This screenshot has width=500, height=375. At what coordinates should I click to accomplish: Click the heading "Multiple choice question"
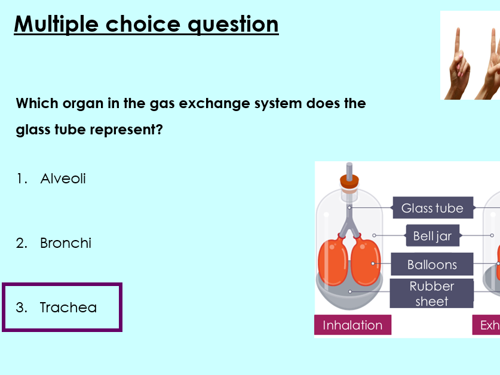pyautogui.click(x=146, y=24)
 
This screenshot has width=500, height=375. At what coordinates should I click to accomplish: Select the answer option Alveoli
pyautogui.click(x=63, y=179)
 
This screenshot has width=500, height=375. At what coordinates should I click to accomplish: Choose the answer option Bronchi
pyautogui.click(x=65, y=243)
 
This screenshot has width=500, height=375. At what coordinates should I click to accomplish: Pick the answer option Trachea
pyautogui.click(x=68, y=308)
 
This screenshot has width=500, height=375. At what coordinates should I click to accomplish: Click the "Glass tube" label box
pyautogui.click(x=432, y=208)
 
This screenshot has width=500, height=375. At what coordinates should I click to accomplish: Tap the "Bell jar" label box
pyautogui.click(x=432, y=236)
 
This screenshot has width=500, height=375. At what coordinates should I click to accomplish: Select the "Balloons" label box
pyautogui.click(x=431, y=265)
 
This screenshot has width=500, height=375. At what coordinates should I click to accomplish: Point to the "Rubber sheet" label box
pyautogui.click(x=431, y=293)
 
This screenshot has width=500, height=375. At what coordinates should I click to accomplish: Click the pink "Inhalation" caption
pyautogui.click(x=352, y=325)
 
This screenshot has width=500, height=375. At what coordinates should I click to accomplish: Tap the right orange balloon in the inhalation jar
pyautogui.click(x=364, y=262)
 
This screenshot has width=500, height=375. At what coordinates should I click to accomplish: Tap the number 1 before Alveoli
pyautogui.click(x=22, y=179)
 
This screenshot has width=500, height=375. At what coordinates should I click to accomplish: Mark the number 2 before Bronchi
pyautogui.click(x=22, y=243)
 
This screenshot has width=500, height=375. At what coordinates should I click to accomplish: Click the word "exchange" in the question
pyautogui.click(x=221, y=103)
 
